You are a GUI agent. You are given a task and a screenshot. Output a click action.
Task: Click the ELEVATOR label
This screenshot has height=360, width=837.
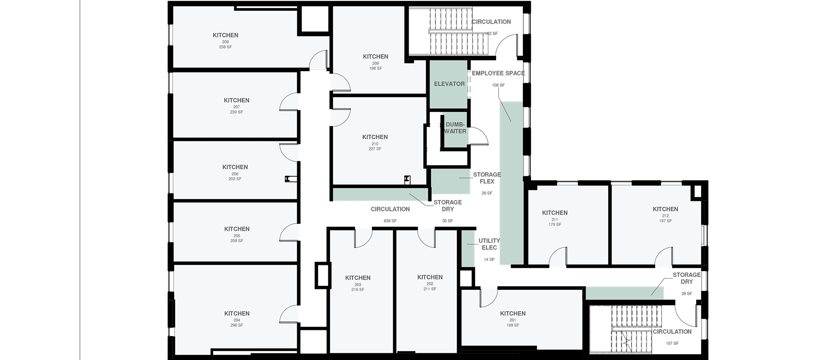click(449, 84)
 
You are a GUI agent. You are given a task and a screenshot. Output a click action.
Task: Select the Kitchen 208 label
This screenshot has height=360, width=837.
click(225, 35)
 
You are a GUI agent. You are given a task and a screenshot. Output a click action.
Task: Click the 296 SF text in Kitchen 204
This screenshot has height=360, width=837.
click(237, 325)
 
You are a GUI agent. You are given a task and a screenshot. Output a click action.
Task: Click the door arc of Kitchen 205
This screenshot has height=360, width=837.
click(289, 232)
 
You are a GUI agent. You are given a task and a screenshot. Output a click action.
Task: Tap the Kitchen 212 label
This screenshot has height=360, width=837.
click(665, 209)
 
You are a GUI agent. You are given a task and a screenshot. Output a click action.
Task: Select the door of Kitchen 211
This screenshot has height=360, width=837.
click(558, 257)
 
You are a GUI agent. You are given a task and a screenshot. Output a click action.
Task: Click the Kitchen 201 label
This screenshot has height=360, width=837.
click(513, 313)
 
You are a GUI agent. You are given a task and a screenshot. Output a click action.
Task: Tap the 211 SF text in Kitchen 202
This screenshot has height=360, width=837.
click(430, 289)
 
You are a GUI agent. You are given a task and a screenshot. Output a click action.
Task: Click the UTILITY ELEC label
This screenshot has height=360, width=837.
click(489, 244)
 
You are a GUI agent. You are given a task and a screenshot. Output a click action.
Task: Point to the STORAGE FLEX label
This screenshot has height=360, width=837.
click(487, 178)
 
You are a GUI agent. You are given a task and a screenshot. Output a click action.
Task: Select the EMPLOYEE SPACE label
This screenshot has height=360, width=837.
click(498, 73)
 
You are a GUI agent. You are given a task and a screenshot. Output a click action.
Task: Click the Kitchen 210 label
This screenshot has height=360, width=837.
click(375, 137)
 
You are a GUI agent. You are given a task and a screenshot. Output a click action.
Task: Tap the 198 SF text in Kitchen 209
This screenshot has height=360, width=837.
click(375, 68)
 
